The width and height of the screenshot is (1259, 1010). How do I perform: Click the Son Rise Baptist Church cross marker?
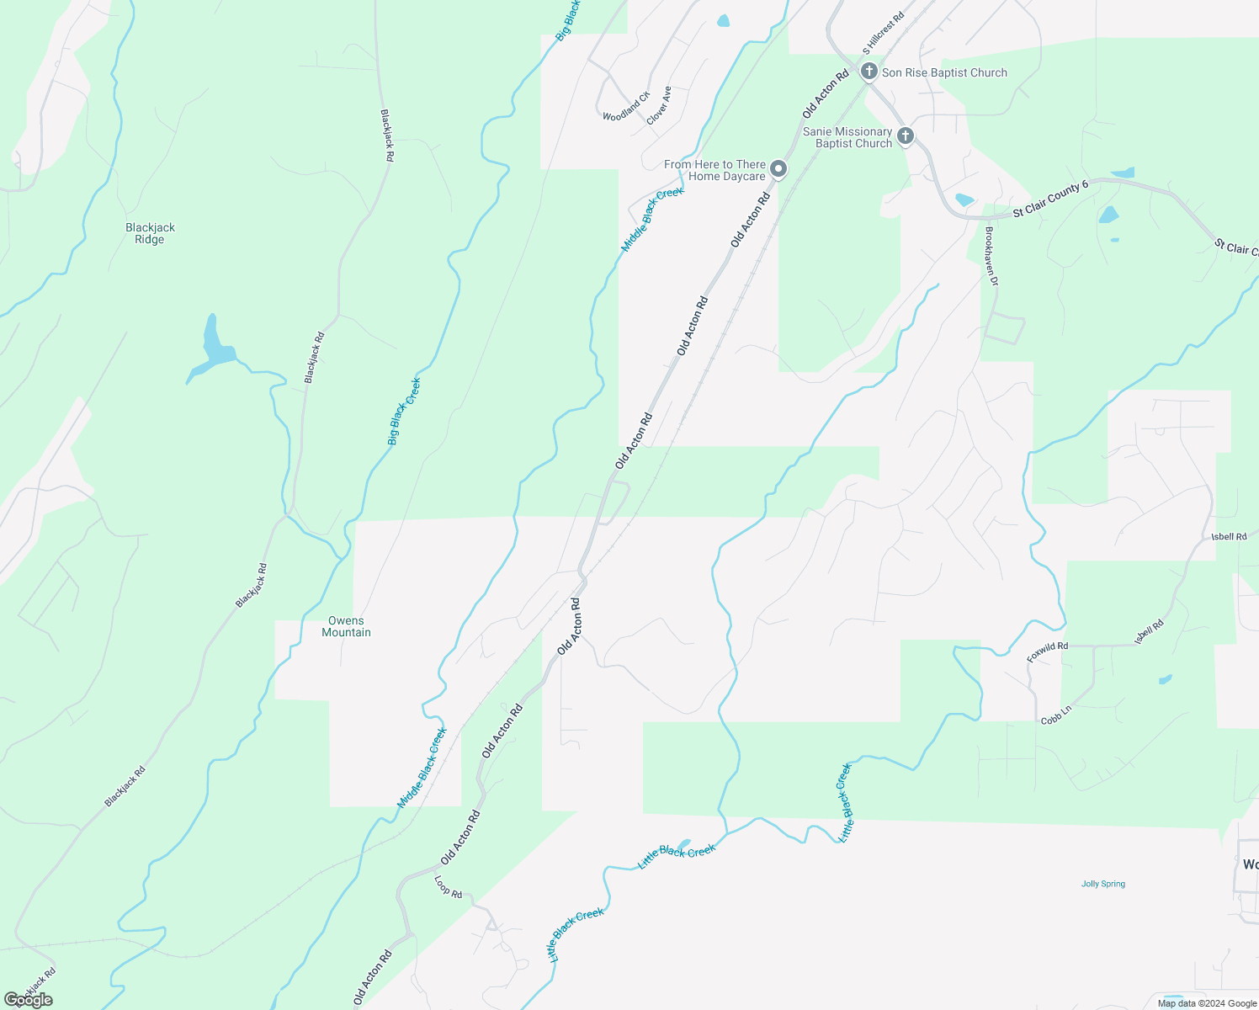(869, 72)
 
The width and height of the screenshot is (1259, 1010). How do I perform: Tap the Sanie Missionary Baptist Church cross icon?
(906, 136)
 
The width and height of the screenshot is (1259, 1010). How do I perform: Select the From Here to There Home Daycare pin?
(779, 170)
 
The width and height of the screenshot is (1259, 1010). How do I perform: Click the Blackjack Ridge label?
(150, 233)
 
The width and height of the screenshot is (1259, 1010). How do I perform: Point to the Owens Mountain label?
(346, 626)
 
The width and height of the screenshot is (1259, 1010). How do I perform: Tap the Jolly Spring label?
(1102, 884)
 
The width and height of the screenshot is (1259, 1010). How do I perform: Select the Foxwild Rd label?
(1047, 652)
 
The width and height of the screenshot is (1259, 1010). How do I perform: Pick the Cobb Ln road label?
(1055, 715)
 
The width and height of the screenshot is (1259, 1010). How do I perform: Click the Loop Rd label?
(448, 886)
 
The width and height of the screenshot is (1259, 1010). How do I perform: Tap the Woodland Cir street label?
(626, 107)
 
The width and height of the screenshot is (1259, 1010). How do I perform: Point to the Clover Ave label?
(659, 105)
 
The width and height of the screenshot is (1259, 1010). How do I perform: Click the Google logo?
(28, 1000)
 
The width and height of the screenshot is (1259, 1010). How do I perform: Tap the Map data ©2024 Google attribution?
(1207, 1003)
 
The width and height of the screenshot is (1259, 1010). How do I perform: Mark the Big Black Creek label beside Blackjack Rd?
(404, 411)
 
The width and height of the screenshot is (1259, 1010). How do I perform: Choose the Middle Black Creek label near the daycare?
(652, 219)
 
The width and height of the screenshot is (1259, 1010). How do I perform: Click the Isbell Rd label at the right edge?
(1229, 536)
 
